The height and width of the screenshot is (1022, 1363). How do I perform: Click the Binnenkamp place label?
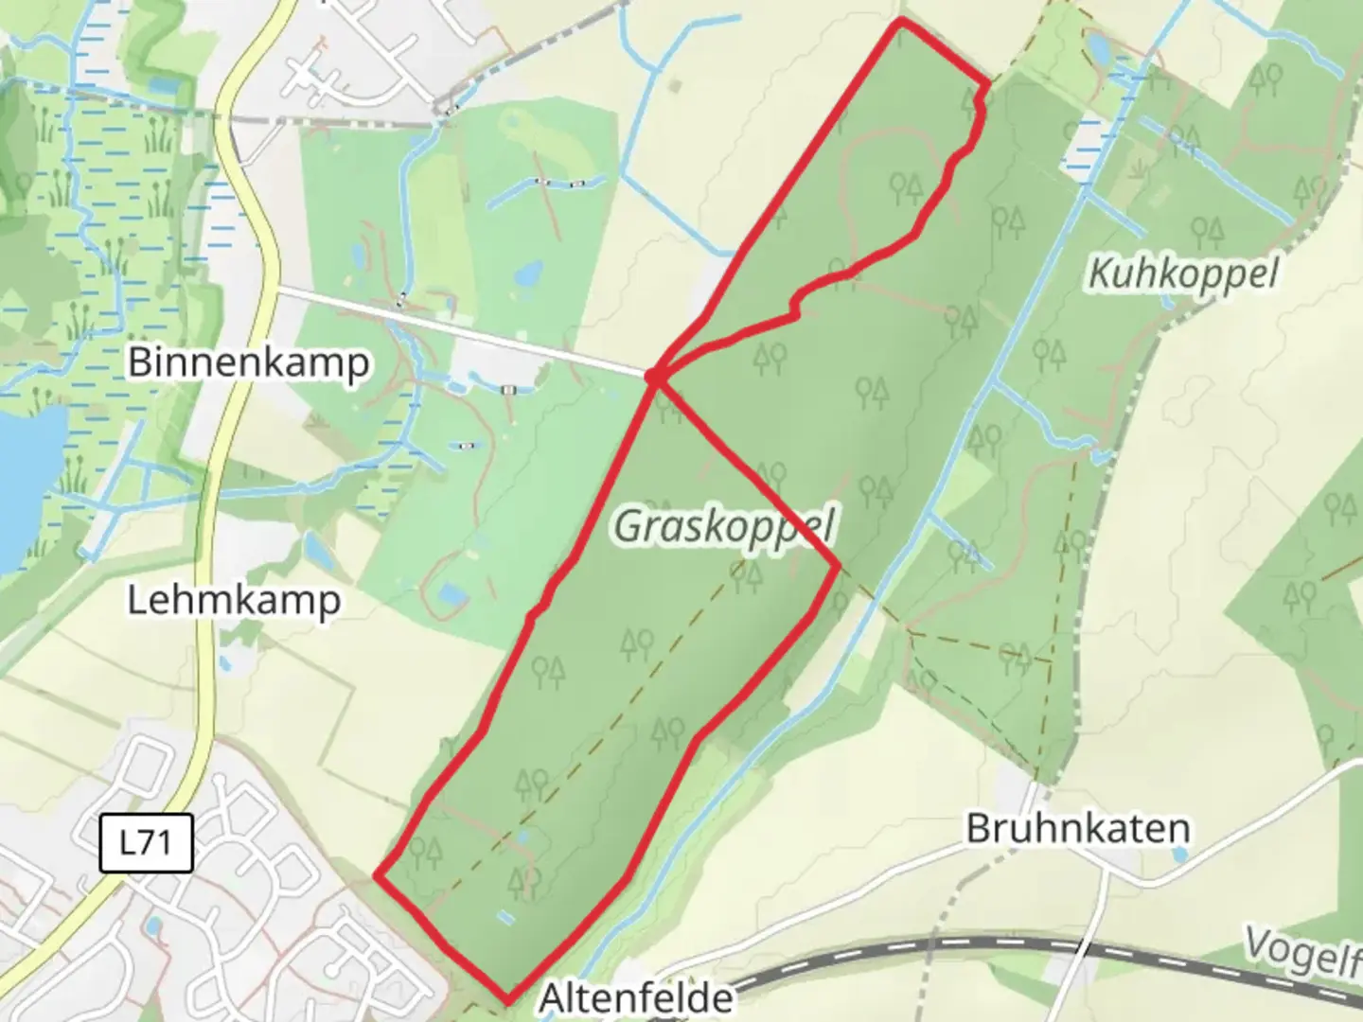point(249,362)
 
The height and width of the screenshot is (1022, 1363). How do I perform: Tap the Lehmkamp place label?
point(234,600)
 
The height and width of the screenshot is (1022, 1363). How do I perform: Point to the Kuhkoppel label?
point(1183,273)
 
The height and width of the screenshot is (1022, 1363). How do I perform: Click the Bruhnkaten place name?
point(1077,829)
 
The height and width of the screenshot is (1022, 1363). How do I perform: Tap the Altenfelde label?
point(636,997)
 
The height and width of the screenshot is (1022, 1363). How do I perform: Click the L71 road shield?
point(146,842)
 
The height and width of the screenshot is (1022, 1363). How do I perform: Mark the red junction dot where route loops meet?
point(653,378)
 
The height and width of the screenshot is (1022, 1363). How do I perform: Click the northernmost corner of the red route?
point(900,20)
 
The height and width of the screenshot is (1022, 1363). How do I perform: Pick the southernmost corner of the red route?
point(508,999)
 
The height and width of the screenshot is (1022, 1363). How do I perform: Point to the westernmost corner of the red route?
point(378,876)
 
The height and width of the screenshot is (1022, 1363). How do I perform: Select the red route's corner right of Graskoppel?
point(837,566)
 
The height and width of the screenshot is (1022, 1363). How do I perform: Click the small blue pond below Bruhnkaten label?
point(1179,855)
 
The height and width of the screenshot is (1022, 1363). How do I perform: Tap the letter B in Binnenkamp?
point(139,362)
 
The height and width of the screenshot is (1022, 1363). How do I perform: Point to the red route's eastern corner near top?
point(989,84)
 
